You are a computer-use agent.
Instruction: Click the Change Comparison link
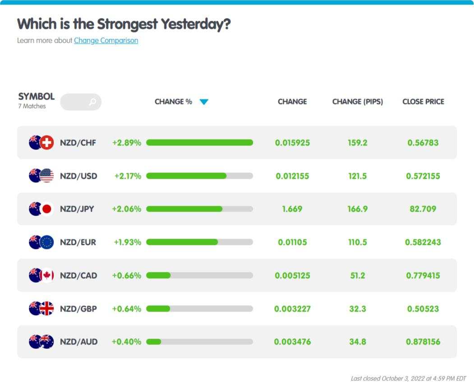106,41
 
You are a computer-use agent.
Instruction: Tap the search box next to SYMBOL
81,102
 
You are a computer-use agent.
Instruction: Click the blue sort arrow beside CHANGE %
204,102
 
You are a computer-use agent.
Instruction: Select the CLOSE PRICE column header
423,102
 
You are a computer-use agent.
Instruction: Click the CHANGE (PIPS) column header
358,102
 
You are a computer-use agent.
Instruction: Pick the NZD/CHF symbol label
78,142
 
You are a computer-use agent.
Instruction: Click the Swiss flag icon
46,142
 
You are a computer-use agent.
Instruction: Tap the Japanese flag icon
46,209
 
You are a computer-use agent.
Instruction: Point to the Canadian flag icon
46,275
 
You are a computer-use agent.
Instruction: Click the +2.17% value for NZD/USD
128,176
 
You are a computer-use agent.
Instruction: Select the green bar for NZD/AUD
154,342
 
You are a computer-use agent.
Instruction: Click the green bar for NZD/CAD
158,275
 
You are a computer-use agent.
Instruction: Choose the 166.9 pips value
358,209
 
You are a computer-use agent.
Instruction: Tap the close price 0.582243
423,242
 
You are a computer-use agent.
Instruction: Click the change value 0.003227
292,309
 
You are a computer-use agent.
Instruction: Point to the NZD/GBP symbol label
78,309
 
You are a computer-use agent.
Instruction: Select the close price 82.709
423,209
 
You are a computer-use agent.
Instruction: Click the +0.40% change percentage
126,342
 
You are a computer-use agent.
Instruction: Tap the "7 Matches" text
32,106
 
